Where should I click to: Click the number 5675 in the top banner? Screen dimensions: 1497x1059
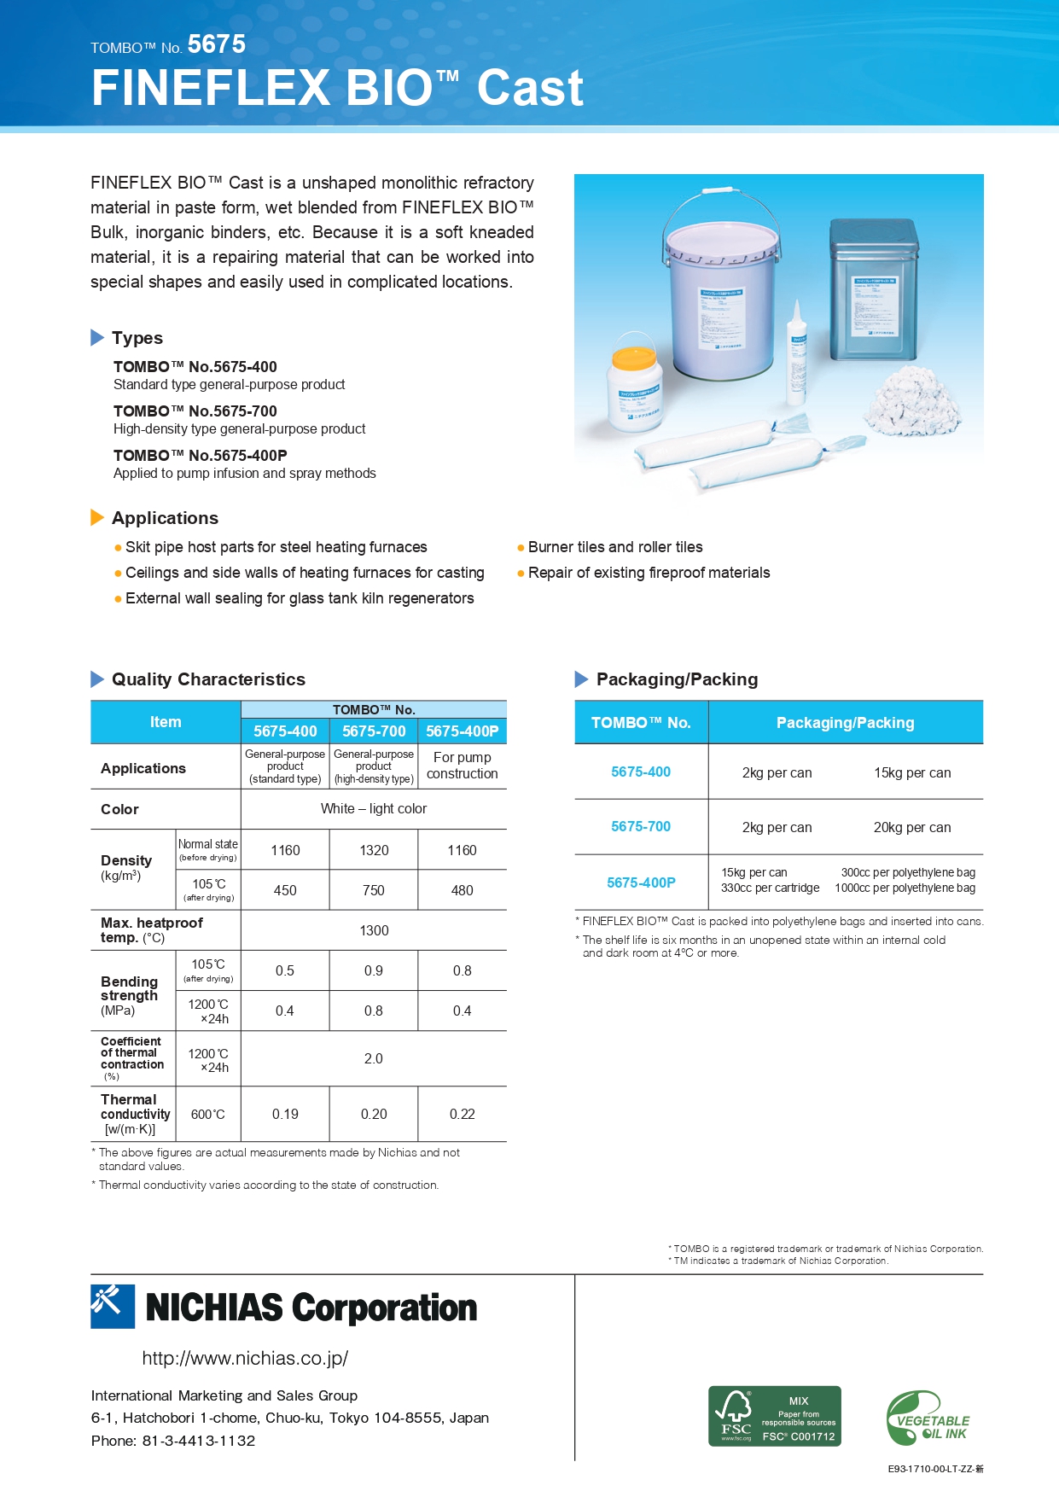tap(217, 44)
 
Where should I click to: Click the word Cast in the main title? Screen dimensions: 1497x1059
tap(529, 88)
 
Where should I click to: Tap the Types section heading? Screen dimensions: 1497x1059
tap(137, 338)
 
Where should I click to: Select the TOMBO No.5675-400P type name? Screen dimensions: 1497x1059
tap(200, 456)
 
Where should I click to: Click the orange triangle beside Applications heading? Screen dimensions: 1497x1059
tap(97, 517)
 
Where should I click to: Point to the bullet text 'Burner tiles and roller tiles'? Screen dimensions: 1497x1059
tap(614, 547)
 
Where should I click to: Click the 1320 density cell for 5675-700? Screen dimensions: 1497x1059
tap(374, 850)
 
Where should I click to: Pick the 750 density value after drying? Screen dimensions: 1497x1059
tap(374, 890)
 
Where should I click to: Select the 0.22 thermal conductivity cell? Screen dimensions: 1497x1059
tap(462, 1114)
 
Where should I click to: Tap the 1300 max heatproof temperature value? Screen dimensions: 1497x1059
tap(374, 930)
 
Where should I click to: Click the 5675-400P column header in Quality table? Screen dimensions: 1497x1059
tap(462, 731)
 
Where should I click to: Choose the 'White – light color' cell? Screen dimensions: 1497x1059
tap(374, 808)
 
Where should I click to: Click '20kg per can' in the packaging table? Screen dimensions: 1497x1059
tap(911, 827)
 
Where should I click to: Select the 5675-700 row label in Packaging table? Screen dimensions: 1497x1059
tap(641, 826)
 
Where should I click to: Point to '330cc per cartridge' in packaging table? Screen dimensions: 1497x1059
tap(770, 888)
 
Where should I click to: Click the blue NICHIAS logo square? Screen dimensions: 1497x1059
tap(113, 1306)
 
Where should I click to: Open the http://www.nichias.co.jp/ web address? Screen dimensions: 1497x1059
tap(245, 1358)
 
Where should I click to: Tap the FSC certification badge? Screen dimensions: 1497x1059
tap(774, 1416)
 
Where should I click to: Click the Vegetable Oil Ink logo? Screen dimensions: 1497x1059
tap(928, 1418)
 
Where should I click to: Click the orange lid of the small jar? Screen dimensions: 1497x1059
tap(634, 356)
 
